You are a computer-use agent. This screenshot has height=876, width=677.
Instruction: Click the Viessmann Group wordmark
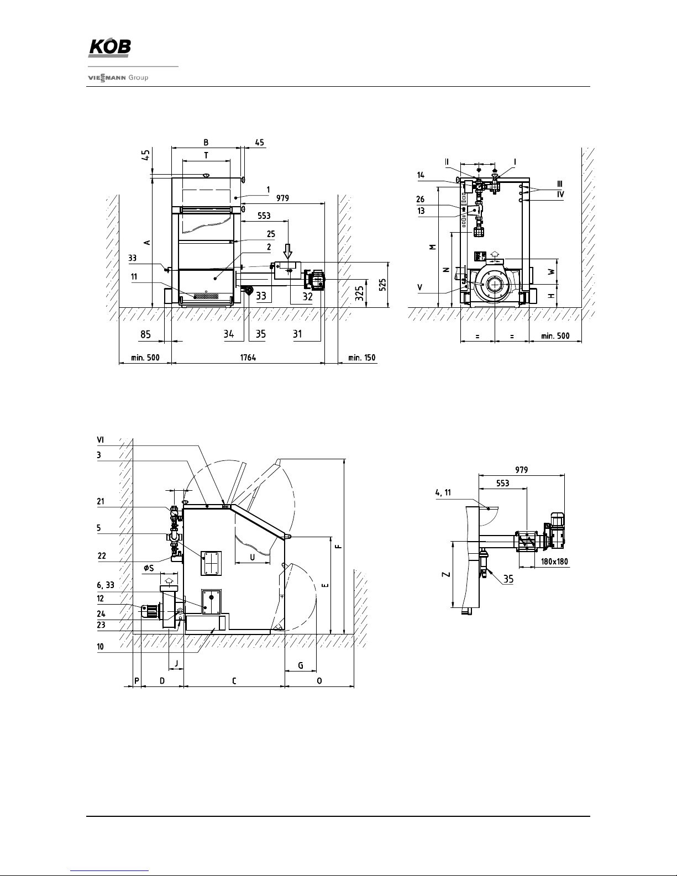coord(118,78)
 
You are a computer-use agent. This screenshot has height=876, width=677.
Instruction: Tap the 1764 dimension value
coord(248,358)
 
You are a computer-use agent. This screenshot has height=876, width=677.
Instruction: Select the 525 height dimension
coord(383,284)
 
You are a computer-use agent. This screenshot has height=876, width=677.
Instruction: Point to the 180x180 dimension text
coord(551,562)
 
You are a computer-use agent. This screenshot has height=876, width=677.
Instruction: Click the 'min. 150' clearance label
coord(361,358)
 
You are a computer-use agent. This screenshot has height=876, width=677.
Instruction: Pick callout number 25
coord(271,234)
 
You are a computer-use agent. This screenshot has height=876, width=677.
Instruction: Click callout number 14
coord(421,175)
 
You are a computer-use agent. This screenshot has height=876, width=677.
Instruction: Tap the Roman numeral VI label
coord(100,440)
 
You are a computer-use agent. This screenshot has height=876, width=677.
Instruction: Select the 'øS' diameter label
coord(149,568)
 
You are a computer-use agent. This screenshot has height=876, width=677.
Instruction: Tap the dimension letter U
coord(252,557)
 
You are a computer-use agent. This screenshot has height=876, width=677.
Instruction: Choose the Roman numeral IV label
coord(560,194)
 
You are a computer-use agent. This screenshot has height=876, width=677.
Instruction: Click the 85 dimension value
coord(145,334)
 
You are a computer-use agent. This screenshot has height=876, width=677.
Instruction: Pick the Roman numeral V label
coord(420,287)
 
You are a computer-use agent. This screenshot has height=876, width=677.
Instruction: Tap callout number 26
coord(421,200)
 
